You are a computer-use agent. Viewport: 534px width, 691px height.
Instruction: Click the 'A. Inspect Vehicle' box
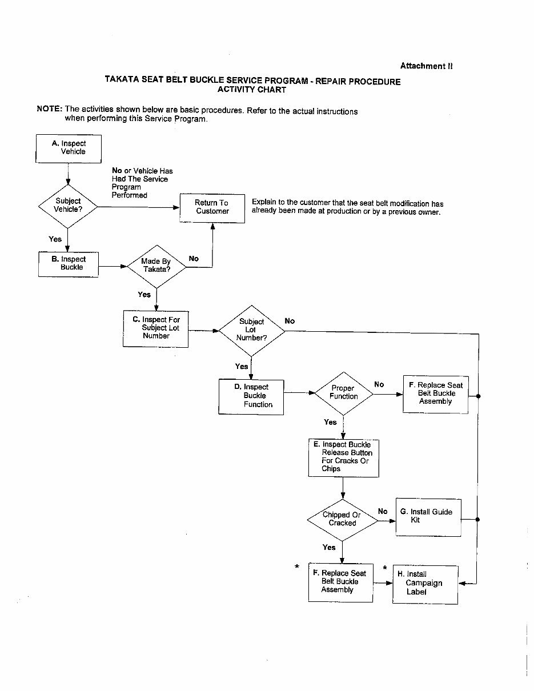coord(69,148)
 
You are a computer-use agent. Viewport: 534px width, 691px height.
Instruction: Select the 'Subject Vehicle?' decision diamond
coord(68,206)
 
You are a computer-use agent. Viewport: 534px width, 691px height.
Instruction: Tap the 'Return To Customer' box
coord(212,207)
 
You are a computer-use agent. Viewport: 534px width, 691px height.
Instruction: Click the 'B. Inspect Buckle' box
coord(69,264)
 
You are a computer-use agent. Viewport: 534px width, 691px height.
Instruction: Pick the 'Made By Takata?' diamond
coord(156,266)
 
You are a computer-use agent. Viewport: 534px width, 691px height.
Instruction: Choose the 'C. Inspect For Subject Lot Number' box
coord(155,328)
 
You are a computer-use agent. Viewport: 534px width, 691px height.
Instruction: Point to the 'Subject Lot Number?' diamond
coord(251,330)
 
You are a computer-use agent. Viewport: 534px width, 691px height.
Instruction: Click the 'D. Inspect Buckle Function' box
coord(251,396)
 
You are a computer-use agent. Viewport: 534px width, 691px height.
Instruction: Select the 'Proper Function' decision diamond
coord(343,393)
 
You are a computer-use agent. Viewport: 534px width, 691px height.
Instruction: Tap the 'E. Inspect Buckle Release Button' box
coord(343,457)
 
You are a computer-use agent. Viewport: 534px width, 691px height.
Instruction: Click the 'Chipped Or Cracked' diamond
coord(342,519)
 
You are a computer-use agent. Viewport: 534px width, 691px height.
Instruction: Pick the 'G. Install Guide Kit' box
coord(428,517)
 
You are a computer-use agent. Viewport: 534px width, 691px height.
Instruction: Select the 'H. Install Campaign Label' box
coord(425,584)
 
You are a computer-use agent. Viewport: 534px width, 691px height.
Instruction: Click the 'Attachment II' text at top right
coord(426,66)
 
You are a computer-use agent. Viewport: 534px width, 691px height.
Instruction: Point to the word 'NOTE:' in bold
coord(49,109)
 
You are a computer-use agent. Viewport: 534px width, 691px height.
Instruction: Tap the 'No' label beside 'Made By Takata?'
coord(194,259)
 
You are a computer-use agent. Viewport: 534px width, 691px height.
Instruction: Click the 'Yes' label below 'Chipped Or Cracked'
coord(329,547)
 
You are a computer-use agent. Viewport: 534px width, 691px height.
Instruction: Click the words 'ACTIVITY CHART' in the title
coord(252,90)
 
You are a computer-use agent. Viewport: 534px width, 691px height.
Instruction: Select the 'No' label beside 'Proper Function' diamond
coord(379,384)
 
